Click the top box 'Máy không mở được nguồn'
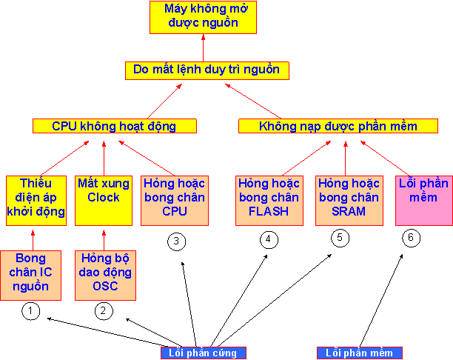coord(203,17)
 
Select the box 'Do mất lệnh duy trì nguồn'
coord(207,70)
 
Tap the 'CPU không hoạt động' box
coord(114,126)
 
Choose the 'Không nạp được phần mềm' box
coord(338,126)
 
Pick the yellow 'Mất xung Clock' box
coord(104,190)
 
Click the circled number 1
coord(30,311)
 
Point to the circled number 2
coord(104,311)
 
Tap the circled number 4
coord(268,239)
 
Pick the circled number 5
coord(340,239)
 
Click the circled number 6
coord(411,238)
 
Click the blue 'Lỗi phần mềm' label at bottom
coord(359,353)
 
